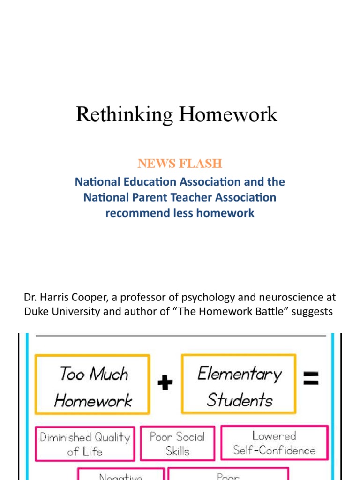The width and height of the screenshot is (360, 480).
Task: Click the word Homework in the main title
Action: click(225, 115)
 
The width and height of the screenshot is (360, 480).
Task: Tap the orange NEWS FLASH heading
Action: click(180, 164)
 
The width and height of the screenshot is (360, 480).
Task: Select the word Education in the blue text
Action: click(139, 181)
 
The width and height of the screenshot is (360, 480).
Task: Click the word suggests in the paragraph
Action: click(312, 312)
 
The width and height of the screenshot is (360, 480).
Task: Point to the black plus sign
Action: click(165, 383)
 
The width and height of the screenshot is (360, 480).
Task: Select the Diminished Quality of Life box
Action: click(85, 444)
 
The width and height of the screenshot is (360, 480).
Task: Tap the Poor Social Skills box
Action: click(178, 443)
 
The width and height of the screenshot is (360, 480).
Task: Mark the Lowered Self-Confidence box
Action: click(275, 443)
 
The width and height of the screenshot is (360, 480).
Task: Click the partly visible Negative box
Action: click(120, 474)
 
